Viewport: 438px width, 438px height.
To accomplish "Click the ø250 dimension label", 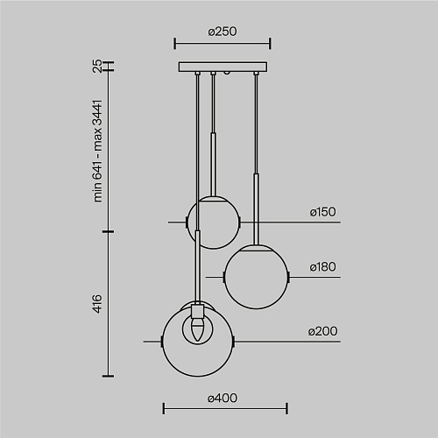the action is point(223,32).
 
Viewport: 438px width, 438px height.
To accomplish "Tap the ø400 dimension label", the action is point(223,398).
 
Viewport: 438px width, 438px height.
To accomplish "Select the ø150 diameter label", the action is point(322,212).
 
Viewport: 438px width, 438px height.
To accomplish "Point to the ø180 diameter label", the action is point(322,266).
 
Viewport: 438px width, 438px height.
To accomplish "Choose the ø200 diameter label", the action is point(322,331).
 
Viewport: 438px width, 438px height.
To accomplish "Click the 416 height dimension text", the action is point(97,304).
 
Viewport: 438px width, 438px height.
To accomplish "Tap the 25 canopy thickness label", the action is point(97,67).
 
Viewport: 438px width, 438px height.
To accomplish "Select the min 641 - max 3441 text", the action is point(97,151).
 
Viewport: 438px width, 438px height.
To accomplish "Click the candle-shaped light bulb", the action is point(197,329).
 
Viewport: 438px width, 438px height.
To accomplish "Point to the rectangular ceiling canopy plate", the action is point(223,67).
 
